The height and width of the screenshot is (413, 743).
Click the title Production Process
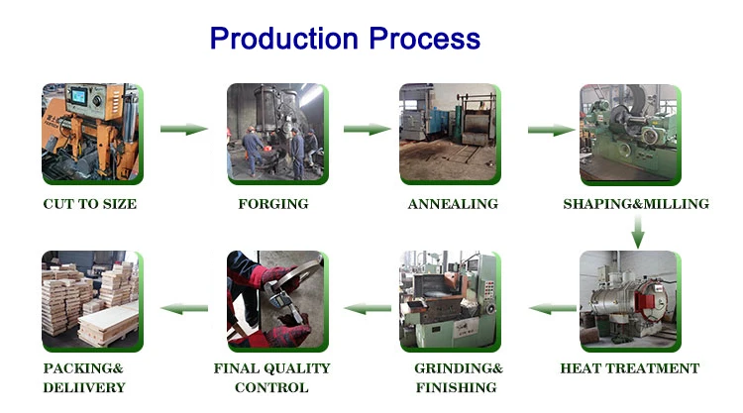pos(345,39)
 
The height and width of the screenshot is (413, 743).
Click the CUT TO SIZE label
pos(89,204)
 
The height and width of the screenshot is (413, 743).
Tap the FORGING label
pos(273,204)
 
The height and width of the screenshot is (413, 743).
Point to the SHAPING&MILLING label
pos(636,204)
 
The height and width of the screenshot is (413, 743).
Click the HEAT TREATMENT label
pos(630,368)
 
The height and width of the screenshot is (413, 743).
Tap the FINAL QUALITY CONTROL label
pos(272,377)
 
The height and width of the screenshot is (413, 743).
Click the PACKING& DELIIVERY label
pos(84,377)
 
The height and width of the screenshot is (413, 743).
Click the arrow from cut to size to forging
pos(183,129)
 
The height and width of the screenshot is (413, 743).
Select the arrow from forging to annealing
pos(367,129)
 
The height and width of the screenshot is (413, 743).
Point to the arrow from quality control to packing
pos(184,309)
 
